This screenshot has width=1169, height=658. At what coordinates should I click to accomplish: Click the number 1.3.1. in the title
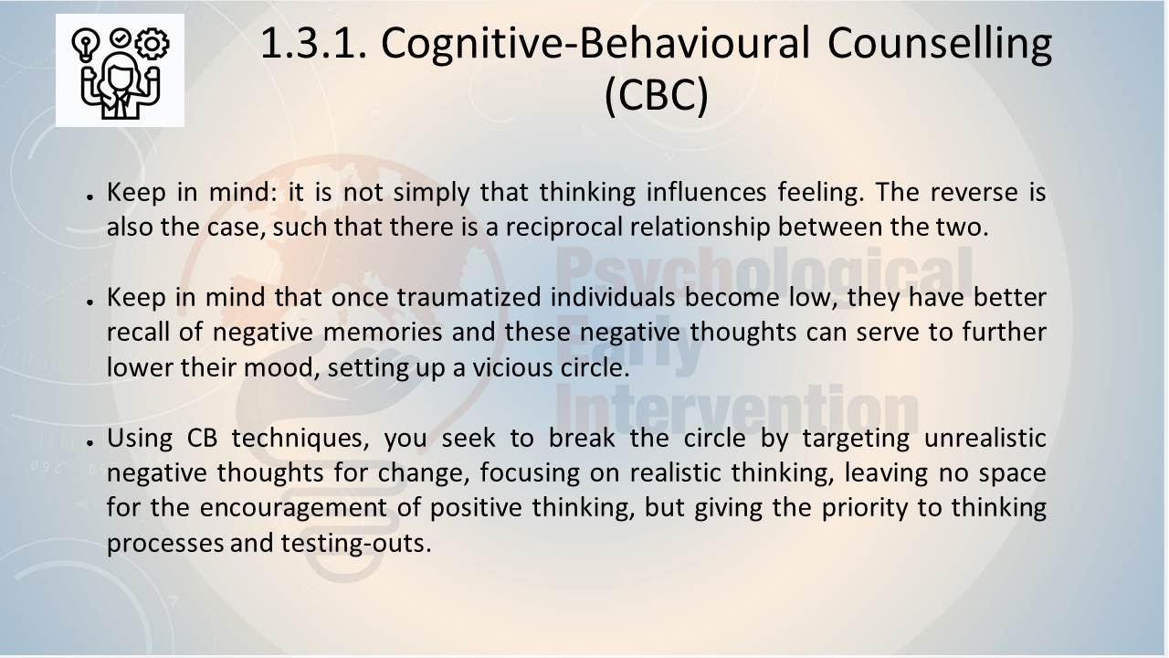pos(314,43)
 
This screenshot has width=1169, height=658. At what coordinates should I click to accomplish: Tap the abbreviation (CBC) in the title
pos(657,95)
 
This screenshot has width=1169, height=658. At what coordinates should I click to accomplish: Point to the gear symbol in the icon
pos(152,44)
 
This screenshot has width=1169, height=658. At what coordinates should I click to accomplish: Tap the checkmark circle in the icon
pos(121,38)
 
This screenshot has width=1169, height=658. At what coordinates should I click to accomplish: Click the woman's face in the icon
pos(120,75)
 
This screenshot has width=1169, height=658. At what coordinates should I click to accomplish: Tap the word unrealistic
pos(985,438)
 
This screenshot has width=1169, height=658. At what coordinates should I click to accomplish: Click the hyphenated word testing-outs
pos(356,543)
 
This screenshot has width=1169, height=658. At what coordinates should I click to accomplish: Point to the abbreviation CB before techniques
pos(202,438)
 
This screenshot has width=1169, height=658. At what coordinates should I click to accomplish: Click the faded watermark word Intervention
pos(737,410)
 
